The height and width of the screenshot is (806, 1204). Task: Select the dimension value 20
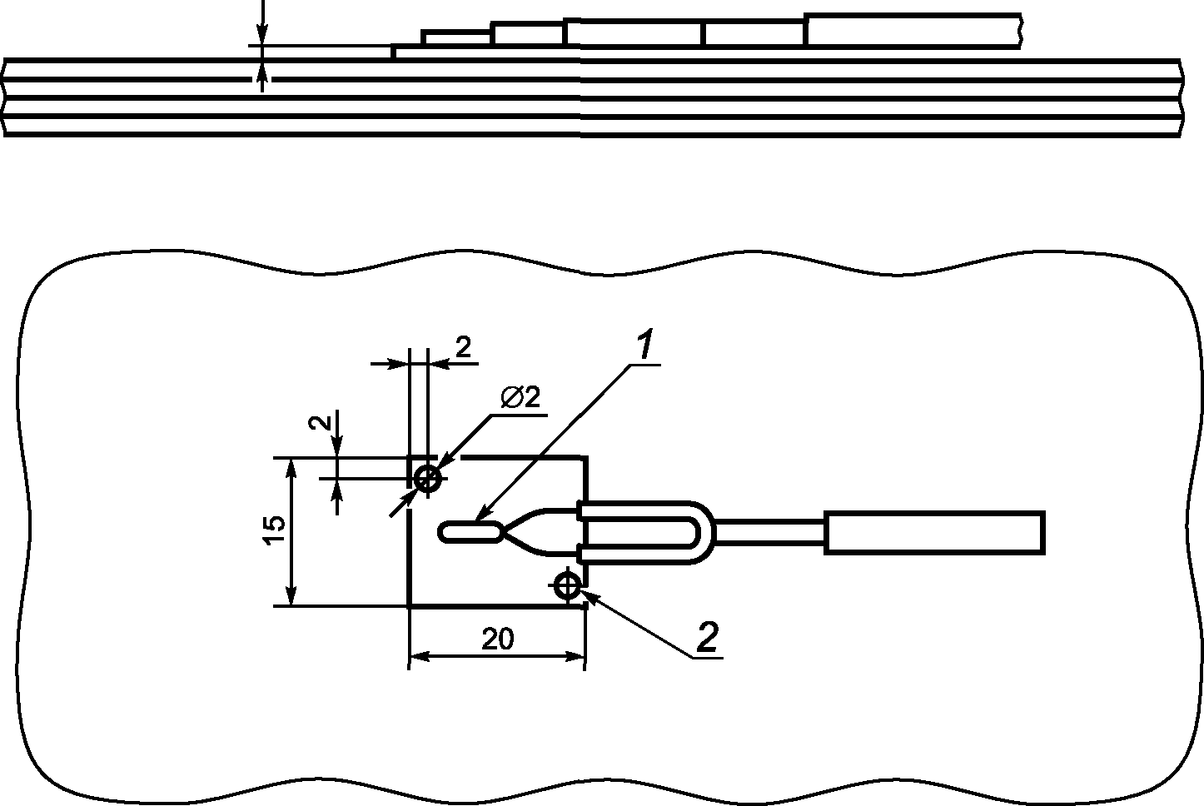498,639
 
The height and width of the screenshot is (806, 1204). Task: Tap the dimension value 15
276,530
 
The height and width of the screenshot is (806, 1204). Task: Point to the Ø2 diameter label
520,397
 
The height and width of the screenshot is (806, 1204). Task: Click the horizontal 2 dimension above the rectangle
463,347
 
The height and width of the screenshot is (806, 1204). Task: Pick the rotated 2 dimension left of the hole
321,423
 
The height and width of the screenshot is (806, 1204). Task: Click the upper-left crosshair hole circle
428,478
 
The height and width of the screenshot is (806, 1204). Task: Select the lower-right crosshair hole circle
567,585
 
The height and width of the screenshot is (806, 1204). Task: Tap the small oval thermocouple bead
470,532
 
